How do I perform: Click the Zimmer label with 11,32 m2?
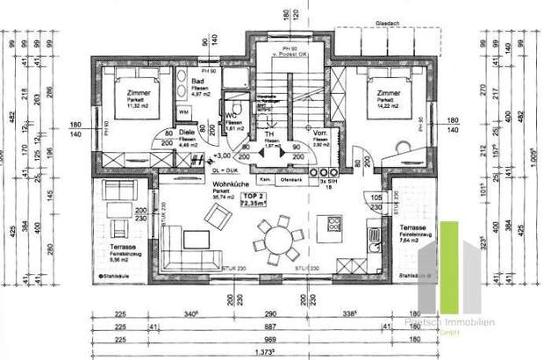(x=125, y=93)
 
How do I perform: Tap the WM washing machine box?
(x=185, y=113)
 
